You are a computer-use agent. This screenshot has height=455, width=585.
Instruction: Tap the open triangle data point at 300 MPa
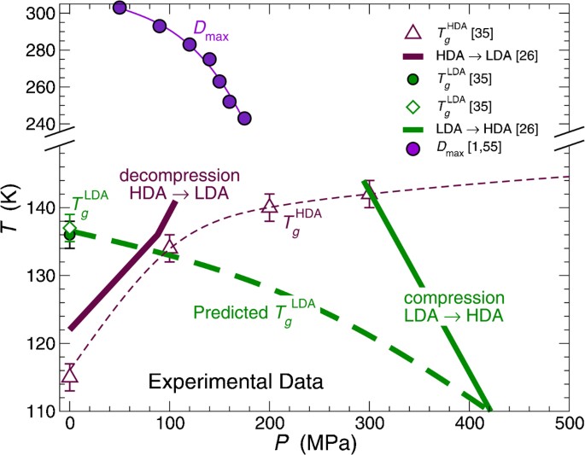point(369,194)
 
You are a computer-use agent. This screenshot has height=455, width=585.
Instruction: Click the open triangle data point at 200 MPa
point(269,206)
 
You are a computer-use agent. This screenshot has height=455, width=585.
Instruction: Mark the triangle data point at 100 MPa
point(170,247)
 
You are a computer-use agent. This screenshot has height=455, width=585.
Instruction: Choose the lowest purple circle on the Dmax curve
point(244,118)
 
